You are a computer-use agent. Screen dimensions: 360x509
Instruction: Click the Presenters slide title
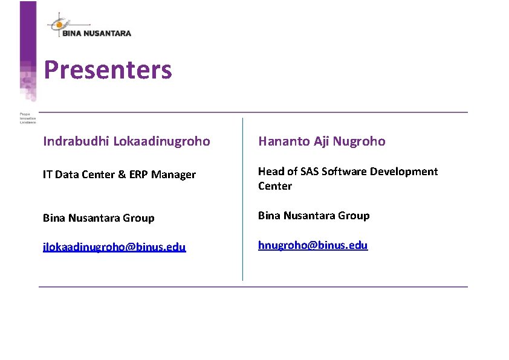(108, 70)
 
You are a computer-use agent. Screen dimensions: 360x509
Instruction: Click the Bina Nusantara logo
(89, 27)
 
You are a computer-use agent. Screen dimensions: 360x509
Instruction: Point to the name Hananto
(284, 141)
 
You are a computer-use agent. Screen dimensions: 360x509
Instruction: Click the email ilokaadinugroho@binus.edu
(114, 247)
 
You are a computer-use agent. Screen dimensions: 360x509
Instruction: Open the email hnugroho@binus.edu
(313, 245)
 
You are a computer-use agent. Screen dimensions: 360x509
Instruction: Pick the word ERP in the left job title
(138, 175)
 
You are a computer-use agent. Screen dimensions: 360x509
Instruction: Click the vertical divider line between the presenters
(242, 199)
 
